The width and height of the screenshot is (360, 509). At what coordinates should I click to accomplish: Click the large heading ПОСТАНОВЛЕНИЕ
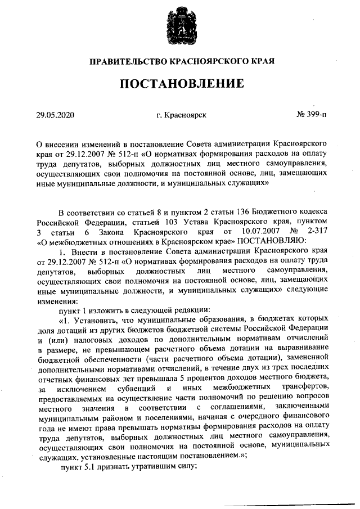180,84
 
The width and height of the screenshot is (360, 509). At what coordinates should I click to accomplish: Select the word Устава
196,222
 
